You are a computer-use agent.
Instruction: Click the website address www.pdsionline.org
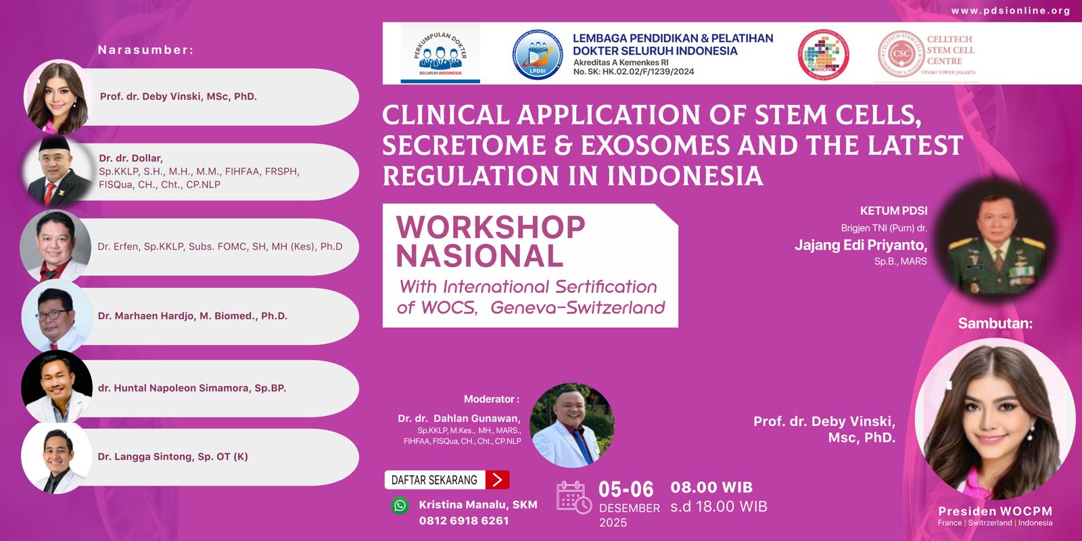coord(1010,11)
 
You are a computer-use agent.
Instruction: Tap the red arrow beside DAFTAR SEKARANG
coord(497,480)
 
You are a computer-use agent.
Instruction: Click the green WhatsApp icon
coord(400,505)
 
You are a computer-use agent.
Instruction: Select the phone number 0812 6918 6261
coord(463,521)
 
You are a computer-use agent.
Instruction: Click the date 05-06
coord(626,490)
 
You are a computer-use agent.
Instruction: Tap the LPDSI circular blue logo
coord(537,55)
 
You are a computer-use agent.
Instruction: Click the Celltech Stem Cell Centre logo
coord(926,53)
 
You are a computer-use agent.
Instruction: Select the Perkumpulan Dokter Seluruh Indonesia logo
coord(440,54)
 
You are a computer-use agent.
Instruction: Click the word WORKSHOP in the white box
coord(490,227)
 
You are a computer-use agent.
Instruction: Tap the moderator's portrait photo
coord(572,425)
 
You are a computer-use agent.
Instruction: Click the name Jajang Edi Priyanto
coord(860,245)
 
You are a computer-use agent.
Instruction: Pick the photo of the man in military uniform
coord(997,248)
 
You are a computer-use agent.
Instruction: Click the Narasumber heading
coord(145,50)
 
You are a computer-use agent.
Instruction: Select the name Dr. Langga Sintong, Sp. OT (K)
coord(172,456)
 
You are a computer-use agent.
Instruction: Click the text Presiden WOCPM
coord(995,511)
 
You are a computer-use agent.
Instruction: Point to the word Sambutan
coord(995,323)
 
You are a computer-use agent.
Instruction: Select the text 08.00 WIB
coord(711,488)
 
